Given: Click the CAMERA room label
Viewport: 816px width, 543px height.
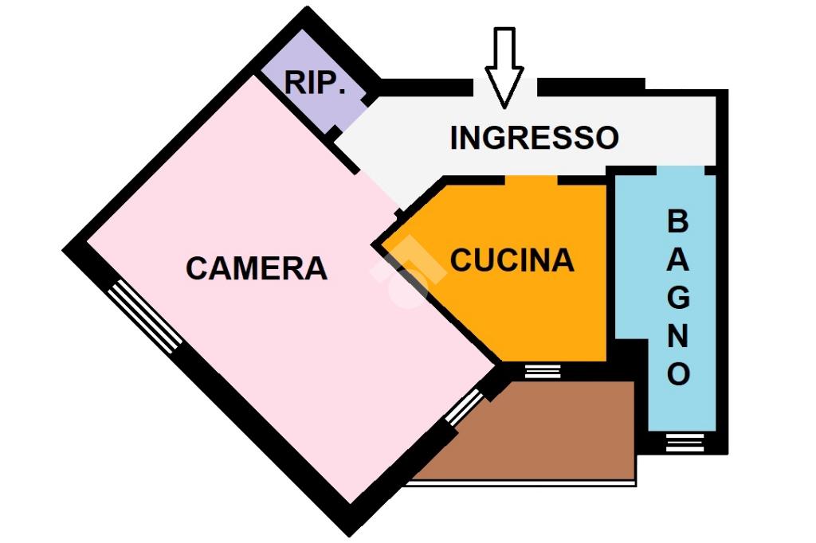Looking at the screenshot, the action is [257, 268].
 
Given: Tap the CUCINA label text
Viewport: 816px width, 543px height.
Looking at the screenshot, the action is [512, 260].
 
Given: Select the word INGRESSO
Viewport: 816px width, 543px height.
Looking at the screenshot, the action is [535, 138].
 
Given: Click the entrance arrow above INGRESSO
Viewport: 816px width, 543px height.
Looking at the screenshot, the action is [504, 68].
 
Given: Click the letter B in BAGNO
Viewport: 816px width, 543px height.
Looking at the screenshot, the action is [677, 221].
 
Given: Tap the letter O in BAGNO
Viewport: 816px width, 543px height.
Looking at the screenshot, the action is [679, 373].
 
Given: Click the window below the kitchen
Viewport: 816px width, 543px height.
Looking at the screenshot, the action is [543, 371].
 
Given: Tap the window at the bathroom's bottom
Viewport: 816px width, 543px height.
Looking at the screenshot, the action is [685, 442].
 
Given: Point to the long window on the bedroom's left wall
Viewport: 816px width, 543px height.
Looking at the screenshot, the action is [145, 317].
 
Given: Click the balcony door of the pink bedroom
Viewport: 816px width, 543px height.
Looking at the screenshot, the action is [465, 407].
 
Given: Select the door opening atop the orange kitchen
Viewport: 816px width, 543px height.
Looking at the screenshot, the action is [532, 180].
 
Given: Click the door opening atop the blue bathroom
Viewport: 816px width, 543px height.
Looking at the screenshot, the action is [681, 170].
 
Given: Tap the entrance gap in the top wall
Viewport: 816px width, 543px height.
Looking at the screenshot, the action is [504, 87].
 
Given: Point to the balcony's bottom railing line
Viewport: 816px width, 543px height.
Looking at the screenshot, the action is [520, 483].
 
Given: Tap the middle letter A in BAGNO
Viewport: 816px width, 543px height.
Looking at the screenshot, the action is [678, 259].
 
